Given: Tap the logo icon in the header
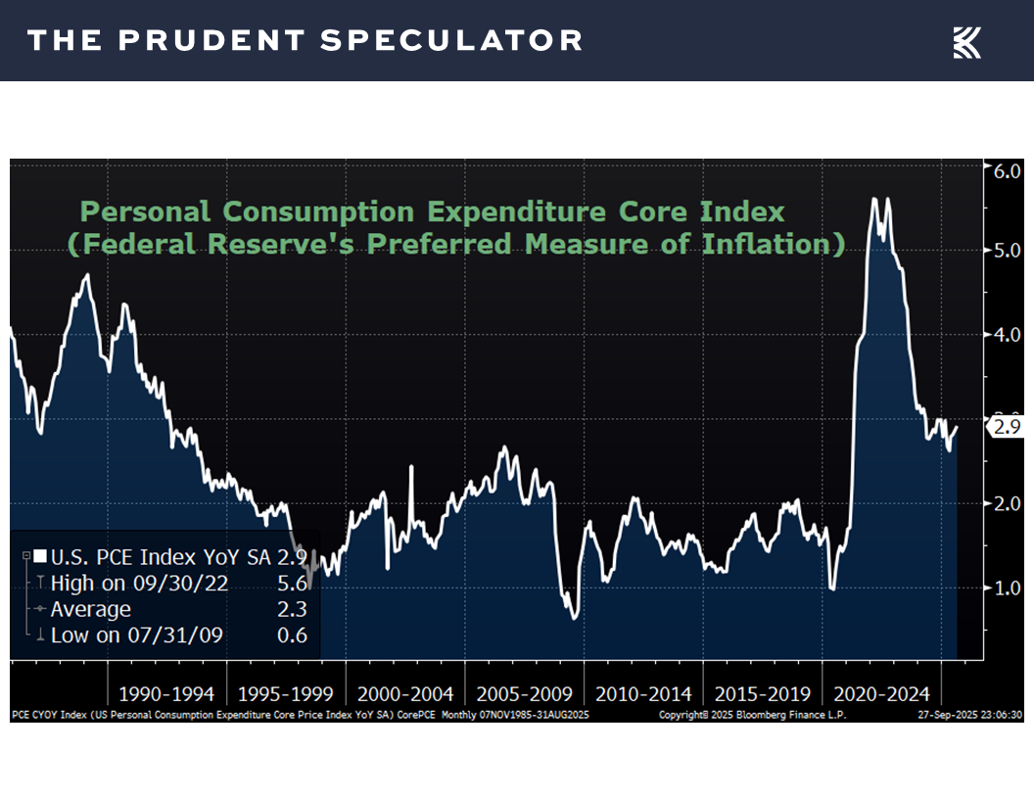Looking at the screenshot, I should coord(966,42).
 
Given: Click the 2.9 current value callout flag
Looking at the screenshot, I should coord(1006,427).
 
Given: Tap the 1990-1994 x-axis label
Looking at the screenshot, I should coord(166,694).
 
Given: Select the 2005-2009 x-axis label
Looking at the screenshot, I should coord(525,694).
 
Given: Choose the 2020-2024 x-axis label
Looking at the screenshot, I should coord(881,694).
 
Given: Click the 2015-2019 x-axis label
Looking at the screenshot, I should coord(763,694).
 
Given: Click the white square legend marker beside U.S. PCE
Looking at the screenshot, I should coord(40,557).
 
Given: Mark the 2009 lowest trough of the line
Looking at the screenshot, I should coord(574,618).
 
